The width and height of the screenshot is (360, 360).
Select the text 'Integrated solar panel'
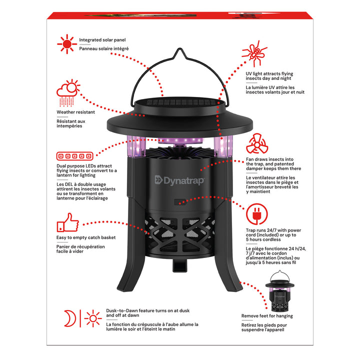coord(102,39)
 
